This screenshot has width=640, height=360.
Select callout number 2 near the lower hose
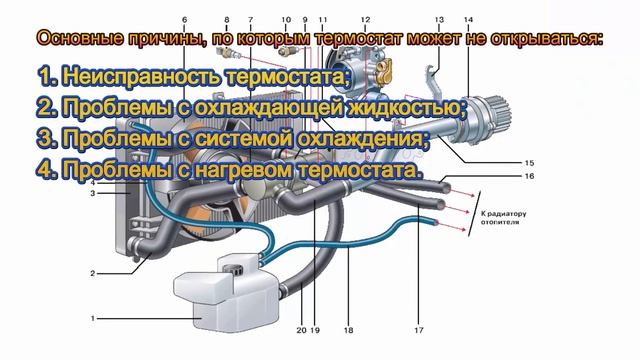(92, 272)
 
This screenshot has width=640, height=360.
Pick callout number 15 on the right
(529, 162)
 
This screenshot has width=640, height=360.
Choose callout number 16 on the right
(529, 177)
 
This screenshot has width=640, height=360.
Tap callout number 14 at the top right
(468, 20)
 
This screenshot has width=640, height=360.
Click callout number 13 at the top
(439, 20)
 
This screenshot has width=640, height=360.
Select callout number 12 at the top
(365, 20)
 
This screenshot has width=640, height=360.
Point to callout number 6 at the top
(185, 20)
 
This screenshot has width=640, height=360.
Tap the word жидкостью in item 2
(400, 106)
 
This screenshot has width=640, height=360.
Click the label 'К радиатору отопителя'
(502, 218)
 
